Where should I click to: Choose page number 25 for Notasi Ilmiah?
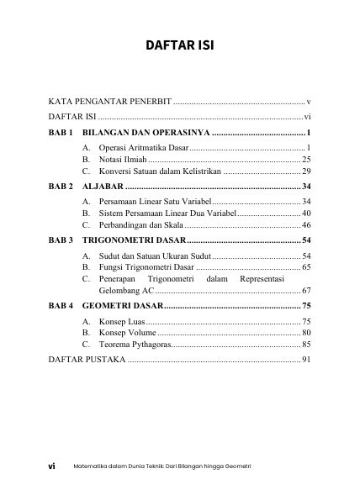pos(306,159)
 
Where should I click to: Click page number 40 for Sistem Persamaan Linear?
pos(306,214)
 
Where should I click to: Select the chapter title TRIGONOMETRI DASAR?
pos(134,240)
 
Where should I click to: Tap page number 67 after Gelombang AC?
pos(306,291)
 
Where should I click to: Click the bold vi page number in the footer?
pos(51,465)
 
